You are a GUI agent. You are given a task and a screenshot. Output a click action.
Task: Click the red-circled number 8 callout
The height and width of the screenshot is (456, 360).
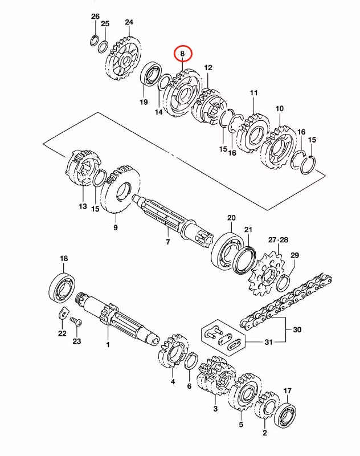tap(183, 54)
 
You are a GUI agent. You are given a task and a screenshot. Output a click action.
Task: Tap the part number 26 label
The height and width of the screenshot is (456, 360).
tap(95, 16)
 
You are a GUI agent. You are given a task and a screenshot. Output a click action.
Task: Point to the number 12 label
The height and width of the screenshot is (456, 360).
tap(208, 68)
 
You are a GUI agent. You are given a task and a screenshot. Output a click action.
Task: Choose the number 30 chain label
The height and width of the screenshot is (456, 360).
tap(297, 330)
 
